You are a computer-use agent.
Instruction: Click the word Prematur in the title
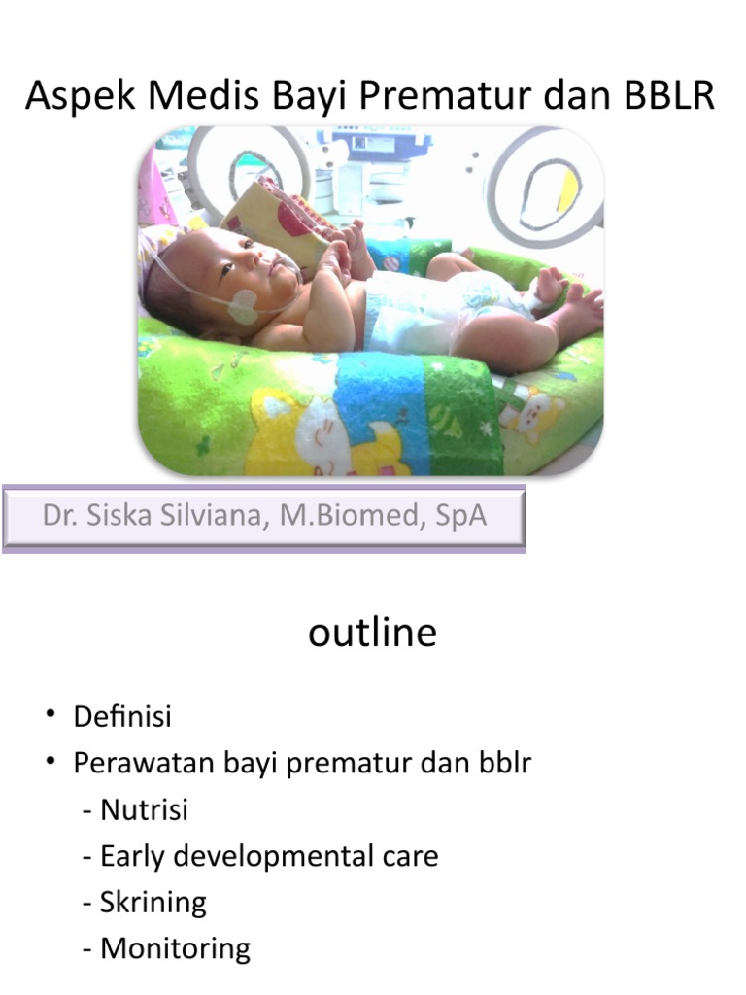pos(484,97)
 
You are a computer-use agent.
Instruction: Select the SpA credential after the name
pos(460,515)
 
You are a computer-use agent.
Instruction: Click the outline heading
pos(372,633)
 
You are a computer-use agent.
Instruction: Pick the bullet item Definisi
pos(122,717)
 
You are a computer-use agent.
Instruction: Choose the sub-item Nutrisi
pos(144,809)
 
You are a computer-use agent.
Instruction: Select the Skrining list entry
pos(153,903)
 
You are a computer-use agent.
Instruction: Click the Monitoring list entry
pos(175,948)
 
